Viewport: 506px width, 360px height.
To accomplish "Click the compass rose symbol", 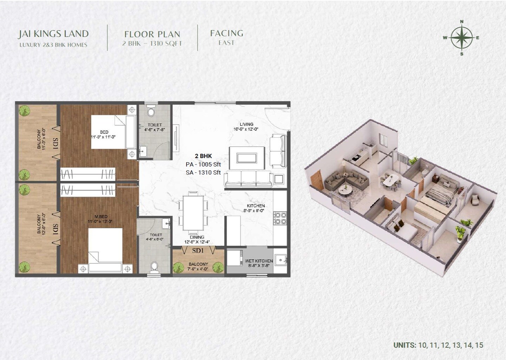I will click(x=461, y=38).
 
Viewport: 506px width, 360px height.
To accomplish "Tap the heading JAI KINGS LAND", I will click(x=53, y=34).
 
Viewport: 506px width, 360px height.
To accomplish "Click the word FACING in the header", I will click(x=226, y=33).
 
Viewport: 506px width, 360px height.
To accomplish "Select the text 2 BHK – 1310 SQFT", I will click(x=152, y=44).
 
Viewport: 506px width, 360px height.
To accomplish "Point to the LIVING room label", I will click(x=246, y=124).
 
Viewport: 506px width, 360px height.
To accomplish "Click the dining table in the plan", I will click(x=193, y=213).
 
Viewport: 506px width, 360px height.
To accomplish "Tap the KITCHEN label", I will click(x=256, y=206).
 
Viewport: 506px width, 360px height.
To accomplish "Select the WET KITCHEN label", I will click(x=259, y=261).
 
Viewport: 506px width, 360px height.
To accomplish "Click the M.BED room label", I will click(x=101, y=217).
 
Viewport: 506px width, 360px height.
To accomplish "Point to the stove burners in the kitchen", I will click(x=280, y=218).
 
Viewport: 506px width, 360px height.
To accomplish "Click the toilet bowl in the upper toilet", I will click(x=151, y=111).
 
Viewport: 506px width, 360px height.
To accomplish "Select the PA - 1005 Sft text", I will click(x=203, y=164).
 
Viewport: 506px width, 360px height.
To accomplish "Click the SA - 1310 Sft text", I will click(x=203, y=172).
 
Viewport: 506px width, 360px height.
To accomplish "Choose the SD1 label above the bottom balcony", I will click(x=198, y=251).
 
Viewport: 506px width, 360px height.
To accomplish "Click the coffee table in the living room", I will click(x=247, y=158).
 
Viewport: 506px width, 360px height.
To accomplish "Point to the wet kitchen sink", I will click(x=280, y=260).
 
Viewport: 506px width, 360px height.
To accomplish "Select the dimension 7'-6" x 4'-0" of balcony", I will click(x=198, y=269).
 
